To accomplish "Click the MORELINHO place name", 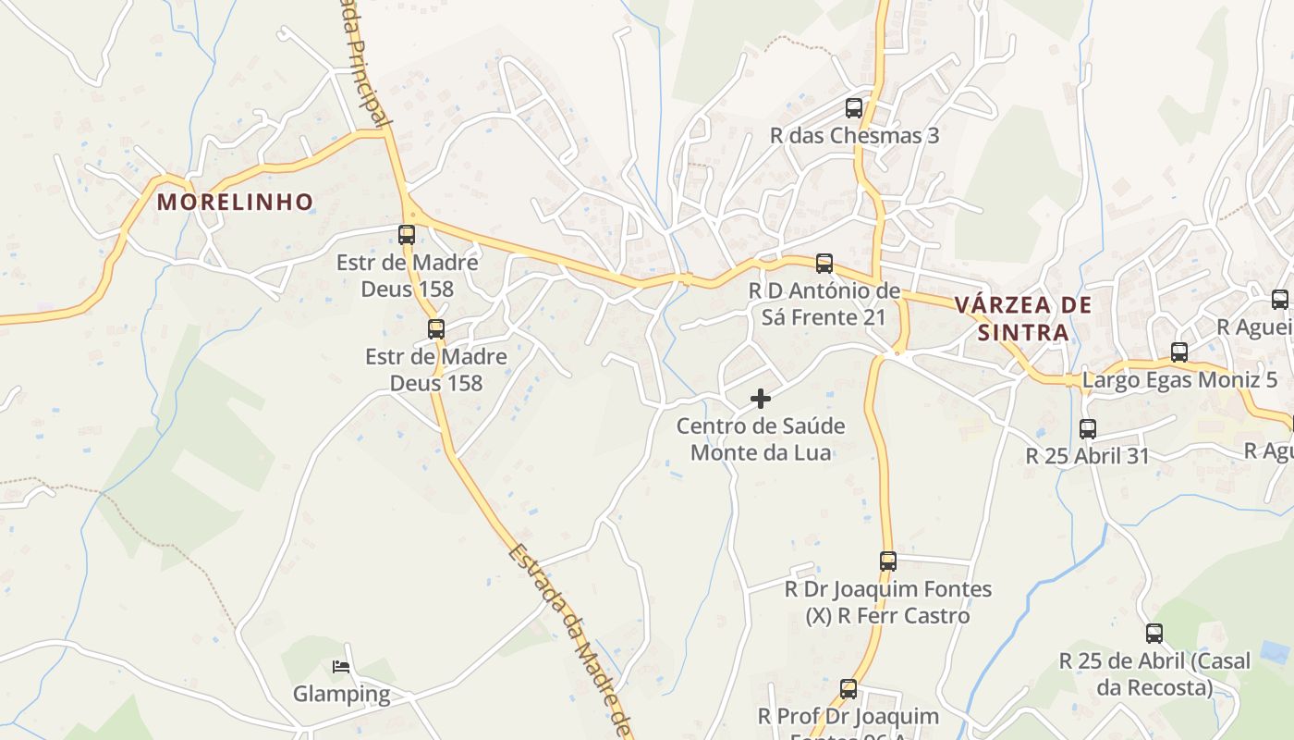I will pos(235,202).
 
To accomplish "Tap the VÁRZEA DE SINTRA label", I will pos(1023,318).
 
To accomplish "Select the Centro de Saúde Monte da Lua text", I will pos(761,439).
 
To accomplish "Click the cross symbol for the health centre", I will pos(761,399).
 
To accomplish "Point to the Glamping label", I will pos(342,694).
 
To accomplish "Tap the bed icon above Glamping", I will pos(341,666).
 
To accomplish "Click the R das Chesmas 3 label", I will pos(854,136).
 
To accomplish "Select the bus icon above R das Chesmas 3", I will pos(854,107).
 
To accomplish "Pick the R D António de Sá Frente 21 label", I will pos(824,304).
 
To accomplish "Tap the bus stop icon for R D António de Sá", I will pos(824,264).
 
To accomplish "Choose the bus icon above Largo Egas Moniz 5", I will pos(1179,351).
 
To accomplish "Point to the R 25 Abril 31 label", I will pos(1088,456).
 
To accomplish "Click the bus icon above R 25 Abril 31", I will pos(1088,428).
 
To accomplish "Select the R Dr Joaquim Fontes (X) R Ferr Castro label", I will pos(887,602).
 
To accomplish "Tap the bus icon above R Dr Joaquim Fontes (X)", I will pos(888,561).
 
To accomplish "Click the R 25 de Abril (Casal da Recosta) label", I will pos(1154,674).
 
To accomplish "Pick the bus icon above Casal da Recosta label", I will pos(1154,634).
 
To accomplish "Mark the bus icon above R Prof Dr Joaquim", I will pos(848,688).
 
